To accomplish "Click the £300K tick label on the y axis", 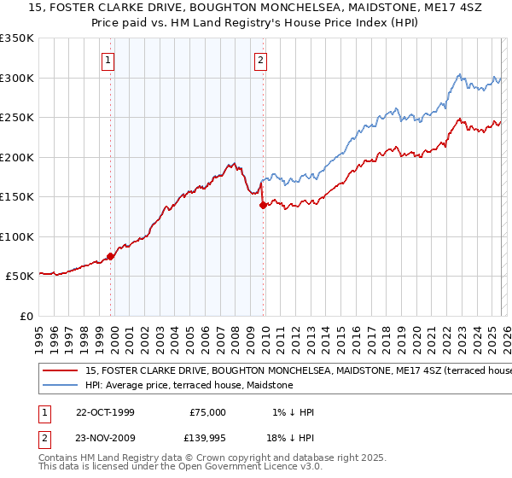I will [x=16, y=78].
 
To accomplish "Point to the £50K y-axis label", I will [x=19, y=277].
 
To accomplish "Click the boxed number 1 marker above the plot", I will [x=109, y=61].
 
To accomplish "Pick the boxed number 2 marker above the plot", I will [x=260, y=61].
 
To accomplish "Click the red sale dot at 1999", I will [x=111, y=256].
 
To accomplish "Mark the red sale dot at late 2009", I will [x=263, y=205].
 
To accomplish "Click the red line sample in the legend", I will [x=61, y=371].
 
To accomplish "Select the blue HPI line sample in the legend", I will [x=61, y=385].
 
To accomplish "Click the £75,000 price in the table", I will [x=207, y=412].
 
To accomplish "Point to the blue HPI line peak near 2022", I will [x=458, y=74].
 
